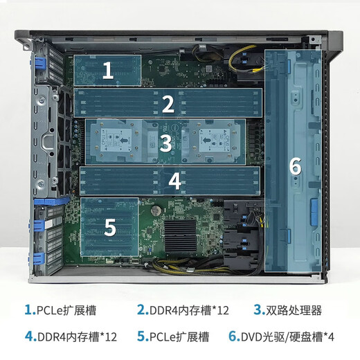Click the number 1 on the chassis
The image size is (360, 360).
pos(108,70)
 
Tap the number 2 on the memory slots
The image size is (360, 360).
pos(168,104)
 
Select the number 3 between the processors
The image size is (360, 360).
pos(165,143)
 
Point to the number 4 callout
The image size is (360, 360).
pos(175,181)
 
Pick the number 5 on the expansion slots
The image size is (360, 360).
pos(110,226)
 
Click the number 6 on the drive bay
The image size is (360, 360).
pos(295,166)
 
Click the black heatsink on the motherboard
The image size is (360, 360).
pos(185,236)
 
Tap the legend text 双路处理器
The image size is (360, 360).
pos(297,309)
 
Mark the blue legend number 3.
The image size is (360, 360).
pos(258,309)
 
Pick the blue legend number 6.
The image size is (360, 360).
pos(233,337)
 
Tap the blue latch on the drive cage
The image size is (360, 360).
pos(313,208)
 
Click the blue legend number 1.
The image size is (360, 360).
pos(29,309)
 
